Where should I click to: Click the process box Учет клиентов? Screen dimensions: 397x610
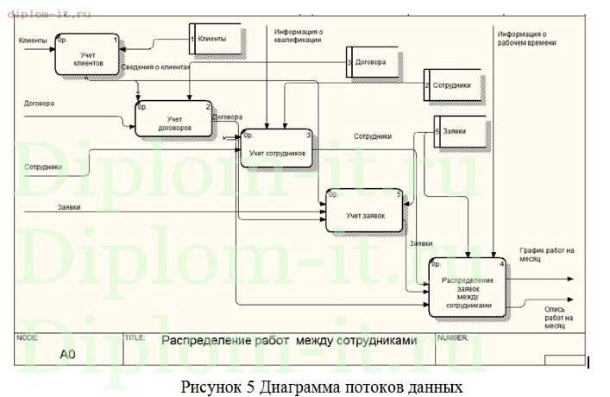click(x=87, y=55)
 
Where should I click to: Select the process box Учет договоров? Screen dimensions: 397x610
click(x=175, y=119)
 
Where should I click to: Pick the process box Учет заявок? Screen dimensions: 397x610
click(x=364, y=210)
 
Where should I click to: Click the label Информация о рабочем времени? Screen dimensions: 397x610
click(x=526, y=38)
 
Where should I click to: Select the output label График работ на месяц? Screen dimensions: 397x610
click(x=545, y=255)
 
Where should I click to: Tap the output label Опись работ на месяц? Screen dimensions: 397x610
click(x=554, y=318)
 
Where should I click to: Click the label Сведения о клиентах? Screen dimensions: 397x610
click(x=155, y=66)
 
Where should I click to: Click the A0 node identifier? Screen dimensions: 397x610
click(x=67, y=354)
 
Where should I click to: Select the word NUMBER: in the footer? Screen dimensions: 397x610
click(x=455, y=338)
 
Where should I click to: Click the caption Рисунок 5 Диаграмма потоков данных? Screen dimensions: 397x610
click(x=322, y=385)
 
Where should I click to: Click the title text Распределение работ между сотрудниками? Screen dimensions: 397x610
click(x=289, y=340)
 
